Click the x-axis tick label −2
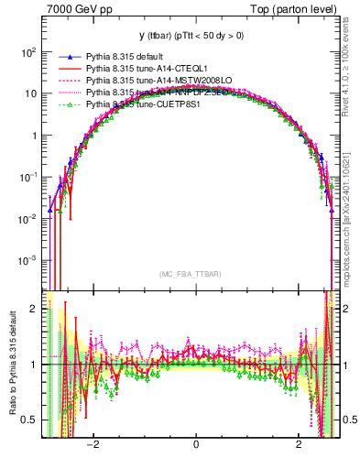pos(93,444)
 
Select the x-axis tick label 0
pos(196,444)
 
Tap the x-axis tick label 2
pos(299,444)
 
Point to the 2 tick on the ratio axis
pos(34,309)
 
